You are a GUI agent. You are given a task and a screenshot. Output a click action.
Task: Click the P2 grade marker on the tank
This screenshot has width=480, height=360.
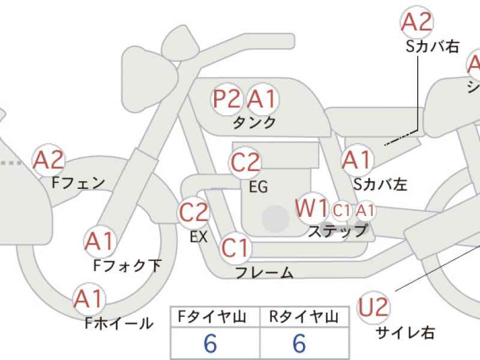coord(227,99)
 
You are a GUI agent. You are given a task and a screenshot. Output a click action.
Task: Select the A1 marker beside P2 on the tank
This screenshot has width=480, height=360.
coord(263,99)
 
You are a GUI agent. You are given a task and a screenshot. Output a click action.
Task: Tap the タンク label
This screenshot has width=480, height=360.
coord(254,123)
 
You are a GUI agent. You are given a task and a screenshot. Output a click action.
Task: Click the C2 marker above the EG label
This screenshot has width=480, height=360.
coord(245,163)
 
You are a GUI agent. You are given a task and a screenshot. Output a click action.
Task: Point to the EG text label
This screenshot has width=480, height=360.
coord(259,187)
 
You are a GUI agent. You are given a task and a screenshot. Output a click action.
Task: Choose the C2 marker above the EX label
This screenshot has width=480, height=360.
coord(193,212)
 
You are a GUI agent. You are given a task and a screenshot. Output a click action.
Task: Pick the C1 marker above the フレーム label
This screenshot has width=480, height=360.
coord(235,248)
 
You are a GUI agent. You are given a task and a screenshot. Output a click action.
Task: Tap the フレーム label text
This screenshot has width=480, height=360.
coord(264,272)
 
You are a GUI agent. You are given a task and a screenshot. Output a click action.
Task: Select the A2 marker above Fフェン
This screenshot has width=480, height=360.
coord(49,160)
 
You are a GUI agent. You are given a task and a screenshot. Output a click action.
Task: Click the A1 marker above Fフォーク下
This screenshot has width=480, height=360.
coord(100,241)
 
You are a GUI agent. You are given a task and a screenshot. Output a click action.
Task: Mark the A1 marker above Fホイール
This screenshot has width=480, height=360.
coord(89,299)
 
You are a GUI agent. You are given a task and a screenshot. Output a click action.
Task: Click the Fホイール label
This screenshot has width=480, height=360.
coord(119,323)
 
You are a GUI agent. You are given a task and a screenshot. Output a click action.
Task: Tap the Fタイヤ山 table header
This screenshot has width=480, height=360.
coord(212,317)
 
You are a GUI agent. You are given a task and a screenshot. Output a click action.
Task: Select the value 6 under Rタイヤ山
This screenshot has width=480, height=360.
coord(299,343)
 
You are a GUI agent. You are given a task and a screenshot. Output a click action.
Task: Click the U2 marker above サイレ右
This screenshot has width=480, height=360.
coord(374,307)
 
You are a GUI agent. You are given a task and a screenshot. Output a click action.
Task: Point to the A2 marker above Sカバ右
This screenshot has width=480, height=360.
coord(416,22)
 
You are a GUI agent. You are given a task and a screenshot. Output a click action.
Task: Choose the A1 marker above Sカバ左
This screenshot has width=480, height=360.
coord(357,160)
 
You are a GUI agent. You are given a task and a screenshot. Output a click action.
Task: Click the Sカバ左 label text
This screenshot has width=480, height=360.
coord(380,184)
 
